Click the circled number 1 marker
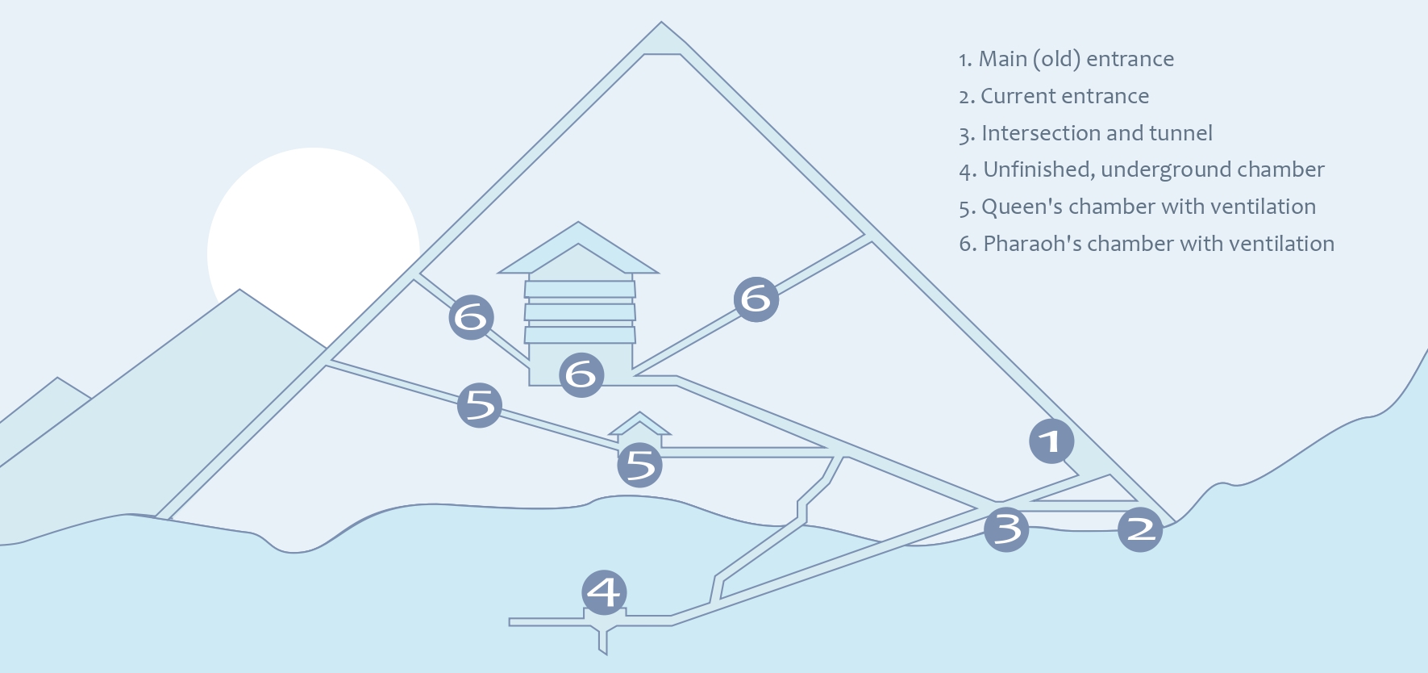point(1051,441)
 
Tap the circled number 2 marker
point(1140,529)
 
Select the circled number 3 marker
point(1006,529)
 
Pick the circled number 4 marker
point(604,592)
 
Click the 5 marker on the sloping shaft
point(480,405)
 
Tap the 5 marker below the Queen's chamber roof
point(640,465)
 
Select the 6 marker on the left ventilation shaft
point(472,317)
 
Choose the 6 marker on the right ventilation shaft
point(756,299)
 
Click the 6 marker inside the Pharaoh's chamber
point(581,374)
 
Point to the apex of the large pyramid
point(661,24)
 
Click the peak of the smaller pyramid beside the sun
point(239,292)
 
